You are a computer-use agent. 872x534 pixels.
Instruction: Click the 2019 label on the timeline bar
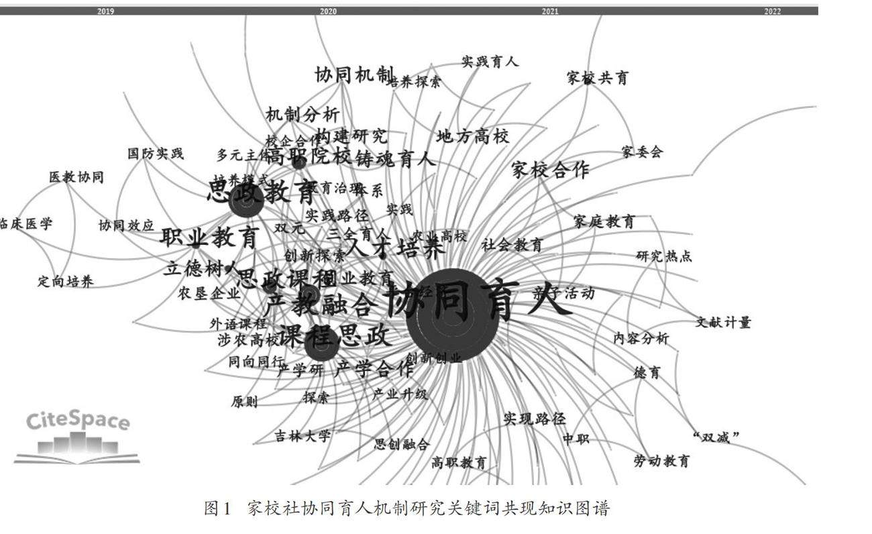[x=105, y=11]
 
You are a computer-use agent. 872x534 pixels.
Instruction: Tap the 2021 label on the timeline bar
[x=550, y=11]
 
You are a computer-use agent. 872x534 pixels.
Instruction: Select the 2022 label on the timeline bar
[x=772, y=11]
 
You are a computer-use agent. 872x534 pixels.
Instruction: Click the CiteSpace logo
[x=77, y=436]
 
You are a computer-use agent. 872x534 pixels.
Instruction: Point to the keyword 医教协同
[x=76, y=178]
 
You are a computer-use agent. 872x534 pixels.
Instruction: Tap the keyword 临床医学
[x=25, y=224]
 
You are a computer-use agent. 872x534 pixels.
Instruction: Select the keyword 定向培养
[x=65, y=282]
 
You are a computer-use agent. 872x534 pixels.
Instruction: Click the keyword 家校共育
[x=598, y=78]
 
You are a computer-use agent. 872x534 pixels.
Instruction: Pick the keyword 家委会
[x=642, y=152]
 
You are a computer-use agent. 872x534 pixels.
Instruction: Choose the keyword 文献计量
[x=723, y=323]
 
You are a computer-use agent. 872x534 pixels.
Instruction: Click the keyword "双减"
[x=716, y=437]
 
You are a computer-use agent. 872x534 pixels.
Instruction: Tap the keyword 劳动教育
[x=661, y=461]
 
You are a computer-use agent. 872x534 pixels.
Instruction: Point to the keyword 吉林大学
[x=303, y=437]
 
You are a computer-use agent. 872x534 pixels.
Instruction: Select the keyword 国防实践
[x=156, y=154]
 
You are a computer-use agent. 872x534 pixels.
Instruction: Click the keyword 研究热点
[x=664, y=256]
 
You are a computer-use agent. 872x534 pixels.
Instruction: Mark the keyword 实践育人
[x=490, y=62]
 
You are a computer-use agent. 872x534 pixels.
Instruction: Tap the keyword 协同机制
[x=355, y=75]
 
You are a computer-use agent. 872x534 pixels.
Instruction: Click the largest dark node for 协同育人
[x=453, y=315]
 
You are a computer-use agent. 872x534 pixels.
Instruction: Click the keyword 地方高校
[x=473, y=137]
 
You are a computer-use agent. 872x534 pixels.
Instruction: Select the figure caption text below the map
[x=406, y=509]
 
